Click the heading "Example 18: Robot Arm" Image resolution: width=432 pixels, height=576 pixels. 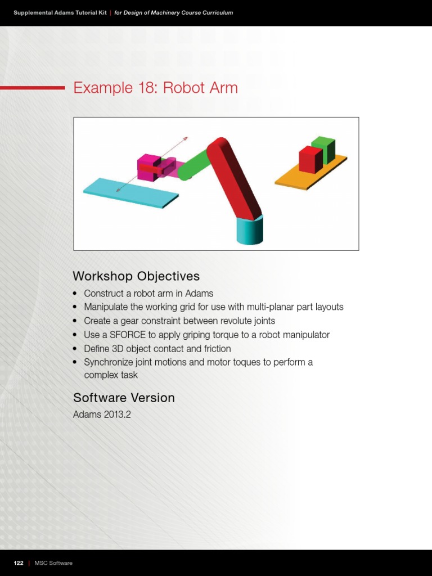[x=155, y=88]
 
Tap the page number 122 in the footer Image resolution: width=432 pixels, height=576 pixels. [x=19, y=563]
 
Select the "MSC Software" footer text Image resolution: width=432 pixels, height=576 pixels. [x=53, y=563]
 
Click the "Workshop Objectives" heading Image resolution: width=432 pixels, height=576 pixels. [x=136, y=276]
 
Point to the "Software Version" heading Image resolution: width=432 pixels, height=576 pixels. [x=124, y=398]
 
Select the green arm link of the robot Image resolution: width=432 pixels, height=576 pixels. [x=194, y=164]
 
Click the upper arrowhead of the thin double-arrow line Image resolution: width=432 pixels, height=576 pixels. [x=186, y=138]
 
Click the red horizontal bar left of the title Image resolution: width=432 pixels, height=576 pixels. [x=32, y=88]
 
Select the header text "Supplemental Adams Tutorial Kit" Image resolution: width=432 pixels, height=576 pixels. [x=60, y=12]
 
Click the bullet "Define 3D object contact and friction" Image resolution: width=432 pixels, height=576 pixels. [x=157, y=349]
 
